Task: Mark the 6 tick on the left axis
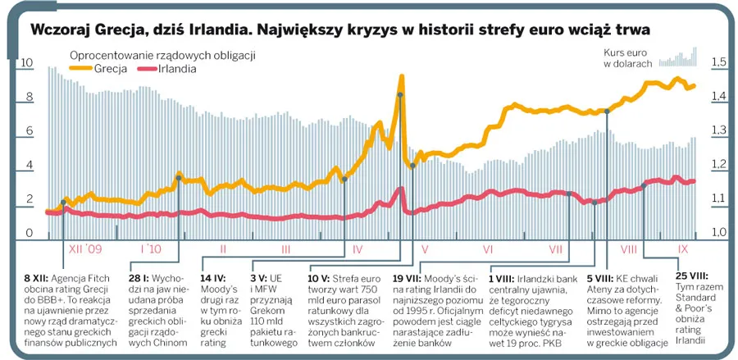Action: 29,131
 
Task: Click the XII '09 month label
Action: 85,248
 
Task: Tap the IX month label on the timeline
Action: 682,248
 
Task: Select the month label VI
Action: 487,248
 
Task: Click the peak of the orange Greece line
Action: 402,76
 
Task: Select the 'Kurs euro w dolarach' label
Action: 628,58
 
